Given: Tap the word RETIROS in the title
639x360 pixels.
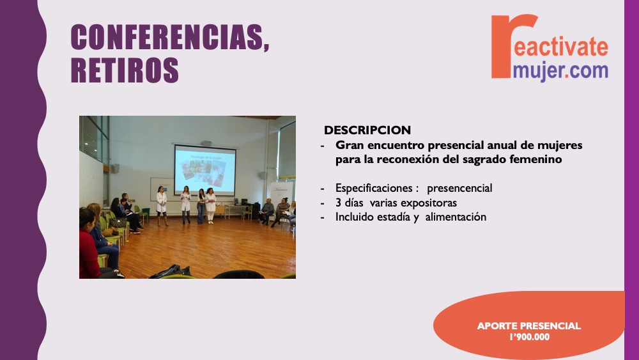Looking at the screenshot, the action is (125, 70).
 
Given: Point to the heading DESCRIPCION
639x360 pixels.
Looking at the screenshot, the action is (367, 130).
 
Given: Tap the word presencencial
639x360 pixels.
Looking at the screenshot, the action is (459, 188).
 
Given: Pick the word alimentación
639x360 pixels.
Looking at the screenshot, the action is (456, 217).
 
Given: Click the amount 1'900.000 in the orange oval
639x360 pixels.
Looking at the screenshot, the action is (529, 337).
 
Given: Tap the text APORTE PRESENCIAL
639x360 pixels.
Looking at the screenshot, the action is (529, 325).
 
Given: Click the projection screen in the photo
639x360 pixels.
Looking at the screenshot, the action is (205, 169).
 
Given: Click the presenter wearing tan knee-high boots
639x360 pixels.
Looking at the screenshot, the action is (162, 206).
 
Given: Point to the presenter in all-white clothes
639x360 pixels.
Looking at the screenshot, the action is (210, 205).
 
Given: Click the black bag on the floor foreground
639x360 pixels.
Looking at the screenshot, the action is (171, 272).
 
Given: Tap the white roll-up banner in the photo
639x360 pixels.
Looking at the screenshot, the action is (281, 193).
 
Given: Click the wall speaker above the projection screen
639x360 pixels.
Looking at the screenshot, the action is (207, 143).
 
